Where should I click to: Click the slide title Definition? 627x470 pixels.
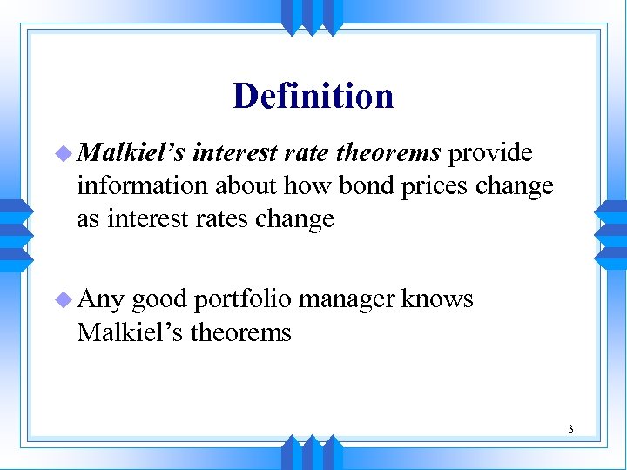point(313,96)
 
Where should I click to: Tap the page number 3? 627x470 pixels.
point(570,428)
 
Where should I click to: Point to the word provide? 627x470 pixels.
point(489,153)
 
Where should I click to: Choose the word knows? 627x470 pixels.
point(438,300)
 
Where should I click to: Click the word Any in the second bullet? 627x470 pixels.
point(102,300)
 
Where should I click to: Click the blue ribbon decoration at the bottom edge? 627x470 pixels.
point(313,453)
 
